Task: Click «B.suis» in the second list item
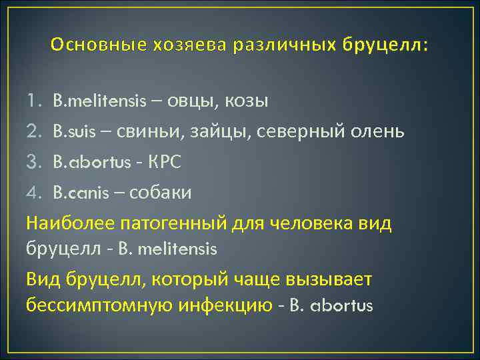click(73, 132)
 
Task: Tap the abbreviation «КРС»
click(164, 163)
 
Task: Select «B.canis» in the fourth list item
click(76, 193)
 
